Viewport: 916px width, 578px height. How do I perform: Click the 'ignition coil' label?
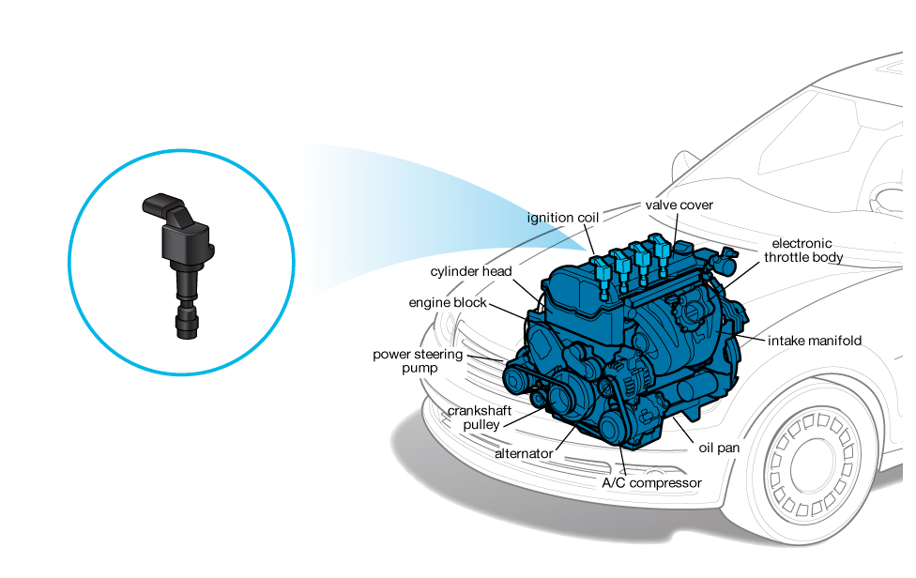point(562,218)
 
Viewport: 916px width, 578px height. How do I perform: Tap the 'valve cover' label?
point(679,205)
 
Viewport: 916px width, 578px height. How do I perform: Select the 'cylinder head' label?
point(471,271)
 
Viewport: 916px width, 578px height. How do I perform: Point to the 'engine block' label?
point(448,302)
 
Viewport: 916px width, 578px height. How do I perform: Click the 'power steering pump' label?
point(418,361)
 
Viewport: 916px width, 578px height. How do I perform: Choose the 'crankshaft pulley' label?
point(480,418)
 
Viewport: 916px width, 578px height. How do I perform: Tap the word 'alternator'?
point(524,453)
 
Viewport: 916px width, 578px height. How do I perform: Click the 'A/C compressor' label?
point(651,483)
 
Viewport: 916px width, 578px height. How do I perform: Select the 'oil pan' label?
point(719,448)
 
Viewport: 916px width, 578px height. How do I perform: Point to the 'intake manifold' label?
point(815,341)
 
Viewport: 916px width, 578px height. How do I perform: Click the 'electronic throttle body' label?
point(803,251)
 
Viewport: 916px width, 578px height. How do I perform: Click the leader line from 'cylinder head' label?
point(528,291)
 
